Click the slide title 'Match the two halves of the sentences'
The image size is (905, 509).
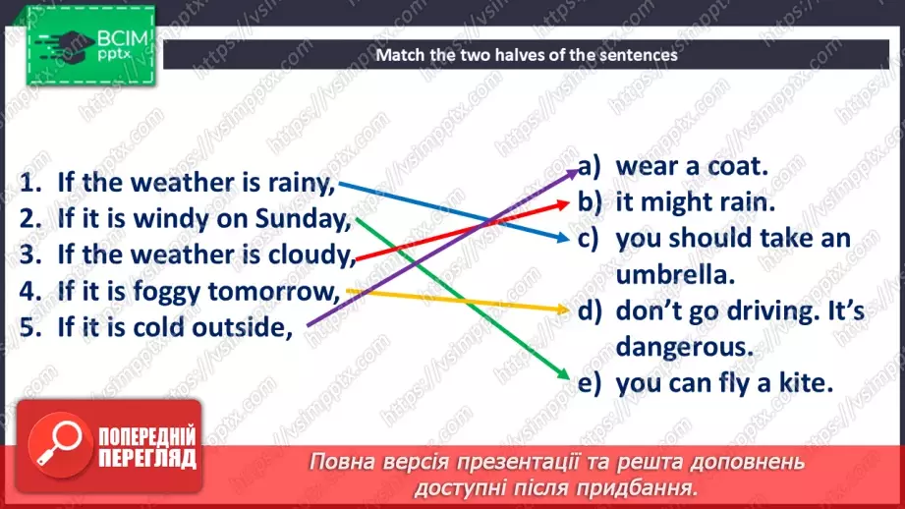527,55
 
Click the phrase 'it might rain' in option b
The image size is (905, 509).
696,202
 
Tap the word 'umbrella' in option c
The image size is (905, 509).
676,274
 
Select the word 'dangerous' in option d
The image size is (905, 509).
677,347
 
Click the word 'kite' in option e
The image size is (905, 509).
806,383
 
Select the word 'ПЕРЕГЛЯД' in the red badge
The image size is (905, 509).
147,458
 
